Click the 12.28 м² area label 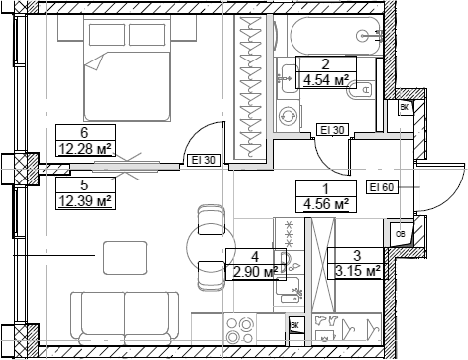coord(84,150)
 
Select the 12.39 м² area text coord(83,200)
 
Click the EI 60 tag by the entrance coord(381,186)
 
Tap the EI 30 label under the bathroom coord(330,129)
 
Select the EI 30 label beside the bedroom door coord(203,158)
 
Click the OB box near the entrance coord(400,234)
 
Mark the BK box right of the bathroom coord(404,108)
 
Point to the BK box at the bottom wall coord(294,324)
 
